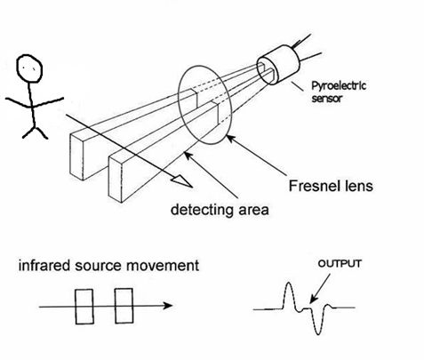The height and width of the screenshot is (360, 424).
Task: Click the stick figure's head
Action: click(x=31, y=66)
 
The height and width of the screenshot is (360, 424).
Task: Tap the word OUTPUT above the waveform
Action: click(x=334, y=264)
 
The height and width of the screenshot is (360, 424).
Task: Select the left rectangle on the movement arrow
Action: click(x=84, y=306)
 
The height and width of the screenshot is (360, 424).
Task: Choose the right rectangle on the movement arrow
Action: click(x=124, y=306)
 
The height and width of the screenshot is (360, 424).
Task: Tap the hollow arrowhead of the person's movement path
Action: click(x=183, y=180)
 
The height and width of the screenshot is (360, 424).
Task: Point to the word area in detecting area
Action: click(x=249, y=211)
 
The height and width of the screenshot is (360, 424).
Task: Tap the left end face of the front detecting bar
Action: click(x=114, y=178)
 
